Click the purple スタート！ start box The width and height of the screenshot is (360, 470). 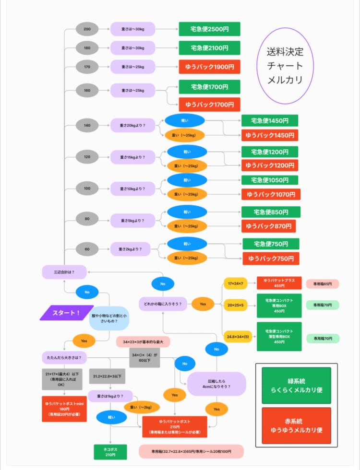point(66,313)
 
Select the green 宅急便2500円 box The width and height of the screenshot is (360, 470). point(209,29)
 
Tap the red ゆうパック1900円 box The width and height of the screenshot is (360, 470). point(209,67)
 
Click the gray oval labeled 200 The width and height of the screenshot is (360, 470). point(87,29)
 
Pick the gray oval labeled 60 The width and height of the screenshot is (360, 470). point(87,249)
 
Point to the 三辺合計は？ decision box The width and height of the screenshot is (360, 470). point(64,272)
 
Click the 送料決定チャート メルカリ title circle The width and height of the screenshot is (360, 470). point(285,66)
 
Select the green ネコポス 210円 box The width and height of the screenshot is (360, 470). point(110,451)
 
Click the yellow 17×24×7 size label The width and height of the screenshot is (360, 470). point(236,283)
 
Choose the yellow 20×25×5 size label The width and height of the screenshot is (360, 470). point(236,305)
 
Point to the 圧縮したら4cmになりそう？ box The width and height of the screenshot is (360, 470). point(216,383)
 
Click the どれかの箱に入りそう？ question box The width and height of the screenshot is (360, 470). point(163,304)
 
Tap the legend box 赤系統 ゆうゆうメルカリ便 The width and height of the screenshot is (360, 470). point(296,425)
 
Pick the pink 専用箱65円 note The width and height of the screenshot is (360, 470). point(323,284)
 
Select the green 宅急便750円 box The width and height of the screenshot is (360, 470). point(271,244)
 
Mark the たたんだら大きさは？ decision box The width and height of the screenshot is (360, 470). point(64,358)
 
